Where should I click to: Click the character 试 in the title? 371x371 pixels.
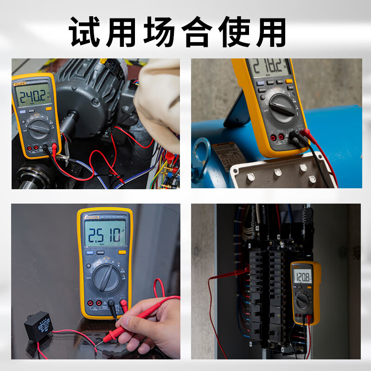[86, 32]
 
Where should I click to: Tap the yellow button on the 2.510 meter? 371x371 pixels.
[122, 253]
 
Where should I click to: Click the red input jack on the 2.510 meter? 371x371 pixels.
[123, 304]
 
